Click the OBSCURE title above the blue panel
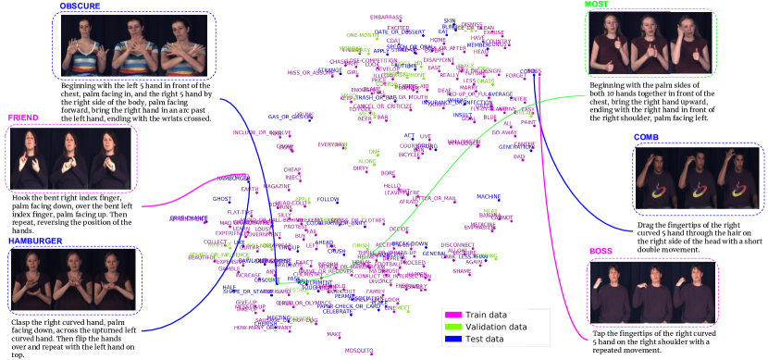[x=80, y=6]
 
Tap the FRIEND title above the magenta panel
[x=23, y=118]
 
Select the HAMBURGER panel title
[x=35, y=240]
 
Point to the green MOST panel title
[x=598, y=6]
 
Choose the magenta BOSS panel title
[x=601, y=252]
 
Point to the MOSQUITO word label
[x=359, y=350]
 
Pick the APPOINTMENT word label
[x=188, y=218]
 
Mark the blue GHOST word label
[x=221, y=198]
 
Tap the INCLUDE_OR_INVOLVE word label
[x=255, y=132]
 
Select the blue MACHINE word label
[x=489, y=196]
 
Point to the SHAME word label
[x=463, y=270]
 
